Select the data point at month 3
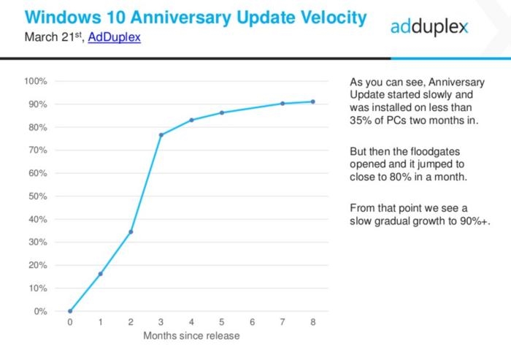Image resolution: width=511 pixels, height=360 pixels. pos(161,135)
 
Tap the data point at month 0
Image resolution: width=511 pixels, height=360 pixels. pos(70,311)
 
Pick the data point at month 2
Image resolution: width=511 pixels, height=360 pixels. pos(131,232)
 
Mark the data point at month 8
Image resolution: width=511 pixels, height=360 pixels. pos(312,102)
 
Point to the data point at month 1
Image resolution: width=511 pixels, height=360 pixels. pos(100,274)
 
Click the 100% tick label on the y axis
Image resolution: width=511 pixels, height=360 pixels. pos(36,81)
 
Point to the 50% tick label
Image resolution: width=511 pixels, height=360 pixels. pos(38,196)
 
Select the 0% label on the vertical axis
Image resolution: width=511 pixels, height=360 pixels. pos(41,312)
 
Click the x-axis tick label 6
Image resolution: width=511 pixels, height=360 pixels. pos(252,322)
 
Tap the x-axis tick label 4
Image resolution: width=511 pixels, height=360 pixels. pos(191,322)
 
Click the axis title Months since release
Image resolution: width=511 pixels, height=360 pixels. pos(191,337)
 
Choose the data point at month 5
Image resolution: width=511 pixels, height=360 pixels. pos(222,112)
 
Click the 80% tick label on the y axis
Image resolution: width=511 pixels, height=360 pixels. pos(38,127)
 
